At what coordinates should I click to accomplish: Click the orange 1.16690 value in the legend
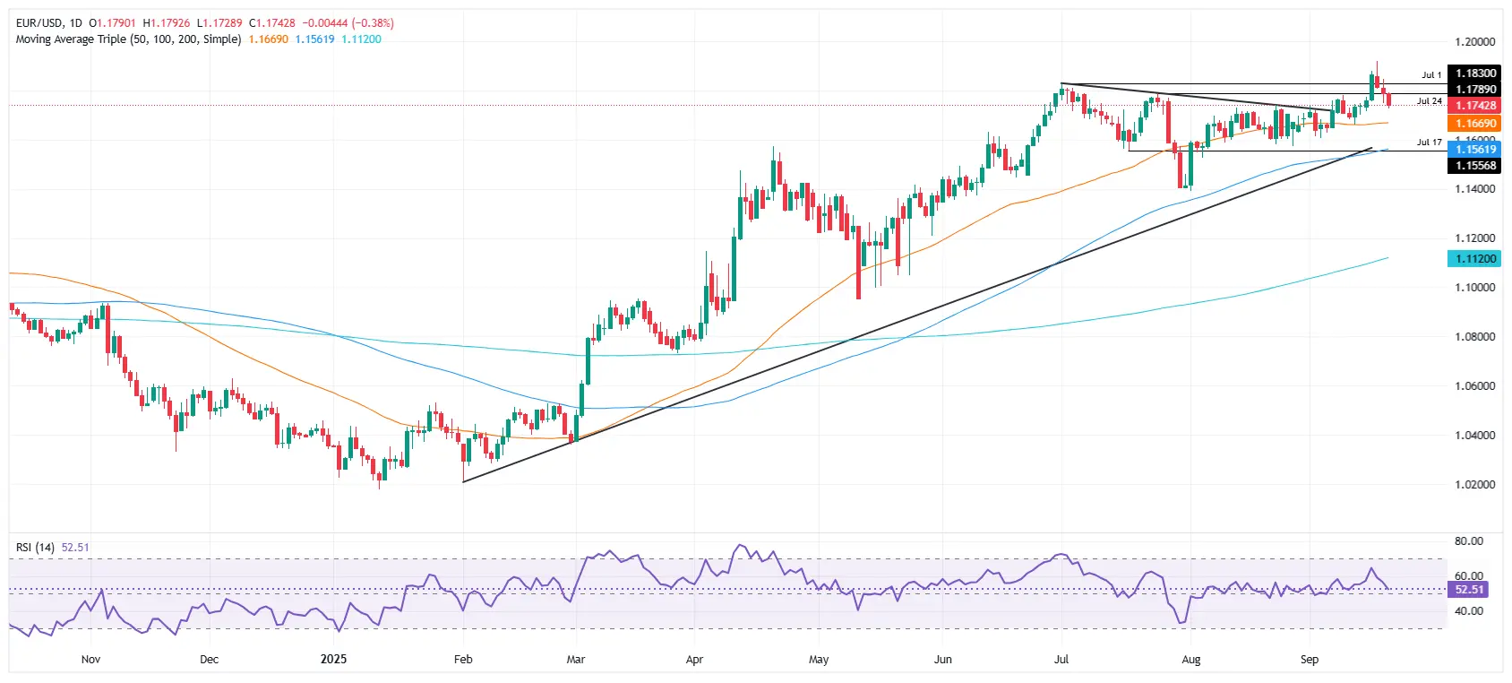click(x=268, y=39)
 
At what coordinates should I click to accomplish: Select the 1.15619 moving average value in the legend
click(x=314, y=39)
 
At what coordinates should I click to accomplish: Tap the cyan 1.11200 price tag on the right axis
click(x=1473, y=258)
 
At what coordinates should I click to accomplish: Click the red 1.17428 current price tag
click(x=1473, y=106)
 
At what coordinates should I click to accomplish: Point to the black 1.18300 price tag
click(x=1473, y=73)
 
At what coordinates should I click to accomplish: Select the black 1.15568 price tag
click(x=1473, y=166)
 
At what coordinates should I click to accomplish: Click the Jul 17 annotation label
click(x=1429, y=143)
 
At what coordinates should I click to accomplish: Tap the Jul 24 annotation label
click(x=1429, y=101)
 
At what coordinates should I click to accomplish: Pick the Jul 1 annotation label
click(x=1431, y=75)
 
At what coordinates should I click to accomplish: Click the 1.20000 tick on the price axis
click(x=1474, y=42)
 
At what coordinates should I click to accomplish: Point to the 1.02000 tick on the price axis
click(x=1474, y=485)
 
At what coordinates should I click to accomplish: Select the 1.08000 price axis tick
click(x=1474, y=337)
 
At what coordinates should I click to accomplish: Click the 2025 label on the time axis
click(x=333, y=660)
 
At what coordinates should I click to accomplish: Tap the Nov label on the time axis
click(x=90, y=660)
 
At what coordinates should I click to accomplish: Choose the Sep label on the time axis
click(x=1309, y=660)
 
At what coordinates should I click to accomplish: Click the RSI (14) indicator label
click(x=35, y=548)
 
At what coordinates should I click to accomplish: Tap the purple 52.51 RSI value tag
click(x=1469, y=590)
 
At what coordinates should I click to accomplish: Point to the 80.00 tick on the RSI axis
click(x=1469, y=541)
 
